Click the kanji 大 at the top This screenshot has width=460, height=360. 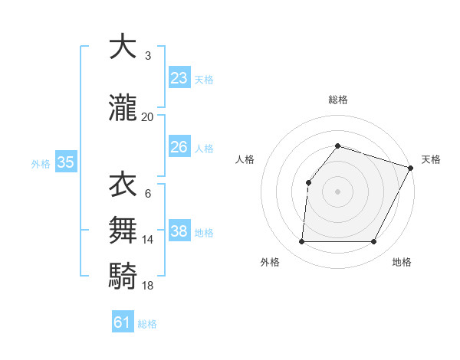coord(122,47)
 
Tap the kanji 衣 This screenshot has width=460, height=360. coord(122,184)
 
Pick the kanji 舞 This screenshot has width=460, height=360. coord(122,230)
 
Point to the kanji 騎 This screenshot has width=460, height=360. coord(122,275)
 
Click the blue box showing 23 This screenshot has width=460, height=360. coord(179,78)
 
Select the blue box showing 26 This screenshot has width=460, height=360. coord(179,147)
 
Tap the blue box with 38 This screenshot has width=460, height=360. coord(179,231)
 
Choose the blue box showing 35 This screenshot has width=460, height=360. coord(65,162)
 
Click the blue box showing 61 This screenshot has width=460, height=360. coord(123,322)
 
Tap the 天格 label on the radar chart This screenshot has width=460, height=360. coord(431,159)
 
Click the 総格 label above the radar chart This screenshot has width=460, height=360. coord(337,100)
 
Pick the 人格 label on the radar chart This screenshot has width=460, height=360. coord(245,159)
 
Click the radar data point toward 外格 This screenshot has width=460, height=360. coord(301,242)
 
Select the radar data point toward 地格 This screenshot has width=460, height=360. coord(374,242)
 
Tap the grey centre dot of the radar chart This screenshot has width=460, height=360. coord(337,191)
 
